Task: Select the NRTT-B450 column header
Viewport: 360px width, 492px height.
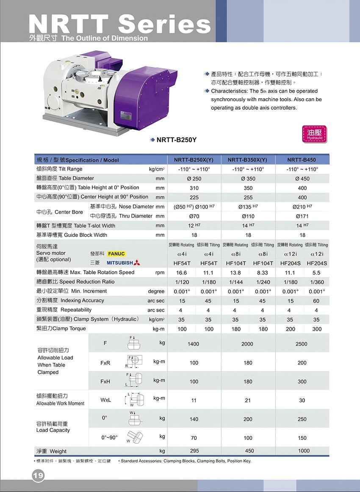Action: (301, 160)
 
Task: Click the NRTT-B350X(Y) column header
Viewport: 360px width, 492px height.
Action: (247, 160)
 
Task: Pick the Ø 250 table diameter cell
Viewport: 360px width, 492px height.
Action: (194, 179)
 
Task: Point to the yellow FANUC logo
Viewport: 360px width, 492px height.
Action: (116, 254)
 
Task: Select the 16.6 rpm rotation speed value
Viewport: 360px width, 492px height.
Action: (181, 273)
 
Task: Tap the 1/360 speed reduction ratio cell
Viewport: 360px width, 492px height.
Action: (316, 282)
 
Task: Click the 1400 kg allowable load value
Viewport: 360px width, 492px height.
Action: (193, 344)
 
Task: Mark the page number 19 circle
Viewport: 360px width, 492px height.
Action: (38, 476)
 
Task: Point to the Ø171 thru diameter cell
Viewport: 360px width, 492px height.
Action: (302, 216)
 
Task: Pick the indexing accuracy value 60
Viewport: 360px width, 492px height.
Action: (316, 301)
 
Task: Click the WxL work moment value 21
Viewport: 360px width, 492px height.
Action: (248, 400)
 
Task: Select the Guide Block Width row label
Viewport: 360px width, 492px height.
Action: (72, 235)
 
